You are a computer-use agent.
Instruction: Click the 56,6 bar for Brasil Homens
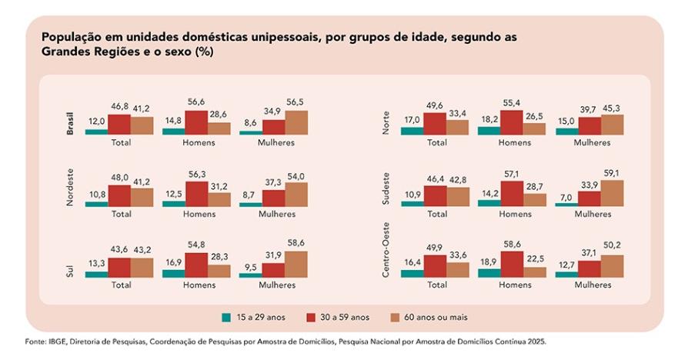[196, 123]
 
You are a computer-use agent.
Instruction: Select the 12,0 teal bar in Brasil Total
[96, 132]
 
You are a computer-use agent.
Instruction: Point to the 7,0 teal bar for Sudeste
[566, 205]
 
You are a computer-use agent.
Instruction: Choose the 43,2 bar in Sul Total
[142, 267]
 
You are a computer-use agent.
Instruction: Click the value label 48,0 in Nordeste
[119, 177]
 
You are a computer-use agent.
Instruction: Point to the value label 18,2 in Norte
[489, 119]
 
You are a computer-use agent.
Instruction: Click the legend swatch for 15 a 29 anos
[225, 317]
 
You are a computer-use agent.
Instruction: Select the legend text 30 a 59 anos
[344, 317]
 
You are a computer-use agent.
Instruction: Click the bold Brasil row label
[71, 123]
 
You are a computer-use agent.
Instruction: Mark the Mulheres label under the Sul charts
[277, 285]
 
